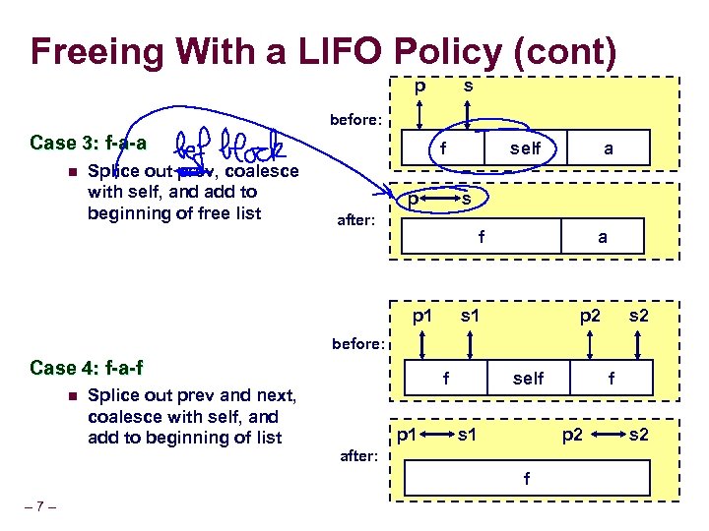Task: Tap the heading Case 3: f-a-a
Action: coord(88,143)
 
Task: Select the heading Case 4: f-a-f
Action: coord(87,369)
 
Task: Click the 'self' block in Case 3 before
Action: coord(525,148)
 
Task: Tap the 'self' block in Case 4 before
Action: coord(528,378)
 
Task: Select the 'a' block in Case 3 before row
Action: coord(609,148)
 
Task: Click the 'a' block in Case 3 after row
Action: coord(603,237)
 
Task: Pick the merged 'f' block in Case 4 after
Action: coord(527,479)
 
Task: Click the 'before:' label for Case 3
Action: coord(356,120)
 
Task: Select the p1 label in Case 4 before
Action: coord(422,316)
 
